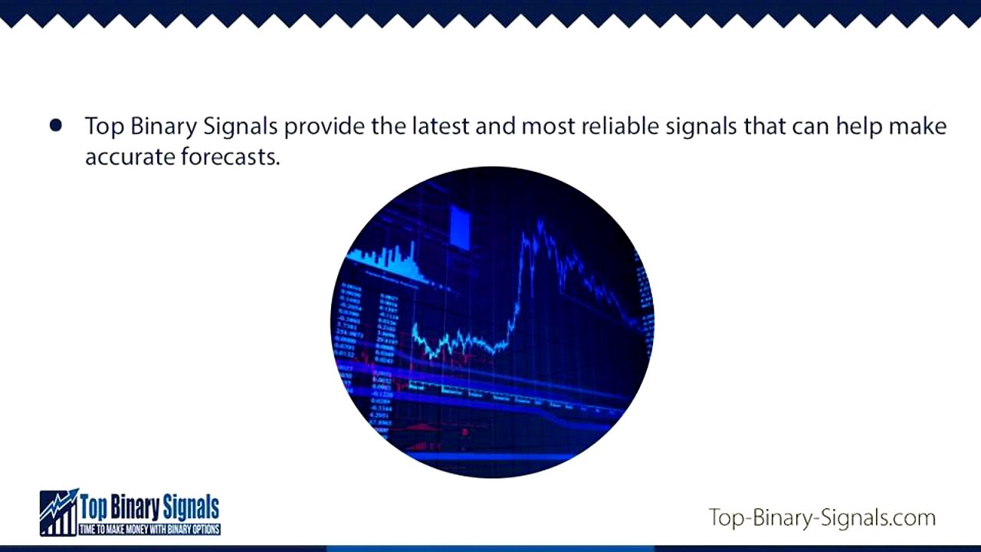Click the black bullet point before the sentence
tap(55, 126)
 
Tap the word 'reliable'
tap(621, 125)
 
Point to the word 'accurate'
tap(130, 156)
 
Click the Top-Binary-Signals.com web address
tap(822, 517)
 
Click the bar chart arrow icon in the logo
tap(58, 512)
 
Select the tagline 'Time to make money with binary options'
tap(149, 530)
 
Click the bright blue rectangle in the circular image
tap(460, 227)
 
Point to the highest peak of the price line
tap(540, 224)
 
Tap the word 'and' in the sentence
tap(494, 125)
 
